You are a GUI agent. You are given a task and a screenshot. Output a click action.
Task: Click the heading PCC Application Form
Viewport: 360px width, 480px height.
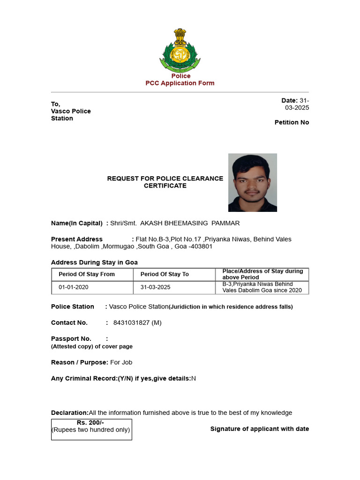[x=180, y=83]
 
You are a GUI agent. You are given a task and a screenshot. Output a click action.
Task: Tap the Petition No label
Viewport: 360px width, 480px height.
[x=292, y=122]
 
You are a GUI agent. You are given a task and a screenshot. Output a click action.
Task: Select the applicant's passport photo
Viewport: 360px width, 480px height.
[x=252, y=182]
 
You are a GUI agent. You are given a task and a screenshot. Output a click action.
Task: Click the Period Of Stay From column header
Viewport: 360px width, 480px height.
[x=87, y=274]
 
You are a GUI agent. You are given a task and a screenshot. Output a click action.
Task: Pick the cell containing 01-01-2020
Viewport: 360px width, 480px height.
[x=74, y=287]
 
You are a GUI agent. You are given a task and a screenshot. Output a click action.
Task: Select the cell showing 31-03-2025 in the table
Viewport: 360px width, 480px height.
[x=155, y=287]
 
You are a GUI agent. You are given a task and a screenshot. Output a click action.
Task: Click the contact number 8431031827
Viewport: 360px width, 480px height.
[x=132, y=322]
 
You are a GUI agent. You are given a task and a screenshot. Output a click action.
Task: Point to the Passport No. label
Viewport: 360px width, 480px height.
[x=71, y=338]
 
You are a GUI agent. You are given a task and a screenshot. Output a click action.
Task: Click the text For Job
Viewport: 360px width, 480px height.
[x=121, y=362]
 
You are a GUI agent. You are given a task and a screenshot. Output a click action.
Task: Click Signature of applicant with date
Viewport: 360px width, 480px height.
[x=260, y=429]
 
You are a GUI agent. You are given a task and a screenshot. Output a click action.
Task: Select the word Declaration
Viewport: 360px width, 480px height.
[x=69, y=412]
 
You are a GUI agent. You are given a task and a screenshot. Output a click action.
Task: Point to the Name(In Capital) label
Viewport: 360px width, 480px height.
[x=77, y=223]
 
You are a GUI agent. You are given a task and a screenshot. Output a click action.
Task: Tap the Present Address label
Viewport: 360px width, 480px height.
[x=77, y=239]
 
